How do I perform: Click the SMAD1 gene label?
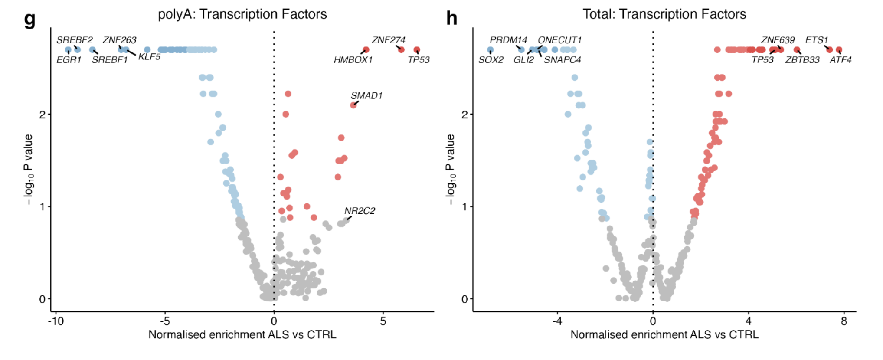pyautogui.click(x=366, y=95)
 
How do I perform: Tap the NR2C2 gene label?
pyautogui.click(x=360, y=211)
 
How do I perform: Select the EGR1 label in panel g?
pyautogui.click(x=69, y=60)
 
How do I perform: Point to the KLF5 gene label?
pyautogui.click(x=149, y=57)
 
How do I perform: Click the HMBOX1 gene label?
pyautogui.click(x=353, y=60)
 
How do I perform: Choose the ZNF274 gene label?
pyautogui.click(x=388, y=40)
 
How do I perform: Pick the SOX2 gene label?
pyautogui.click(x=491, y=60)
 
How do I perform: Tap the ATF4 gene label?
pyautogui.click(x=840, y=60)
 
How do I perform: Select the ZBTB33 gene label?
pyautogui.click(x=802, y=60)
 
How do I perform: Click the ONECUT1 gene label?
pyautogui.click(x=559, y=40)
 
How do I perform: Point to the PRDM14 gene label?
pyautogui.click(x=508, y=40)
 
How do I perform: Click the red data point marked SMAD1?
pyautogui.click(x=353, y=105)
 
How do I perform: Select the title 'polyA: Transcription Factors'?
pyautogui.click(x=242, y=14)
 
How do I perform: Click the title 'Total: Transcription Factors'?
pyautogui.click(x=664, y=14)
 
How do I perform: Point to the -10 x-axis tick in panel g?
pyautogui.click(x=56, y=321)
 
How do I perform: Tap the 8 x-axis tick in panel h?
pyautogui.click(x=844, y=321)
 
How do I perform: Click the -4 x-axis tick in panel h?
pyautogui.click(x=557, y=321)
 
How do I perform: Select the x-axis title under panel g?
pyautogui.click(x=242, y=335)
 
